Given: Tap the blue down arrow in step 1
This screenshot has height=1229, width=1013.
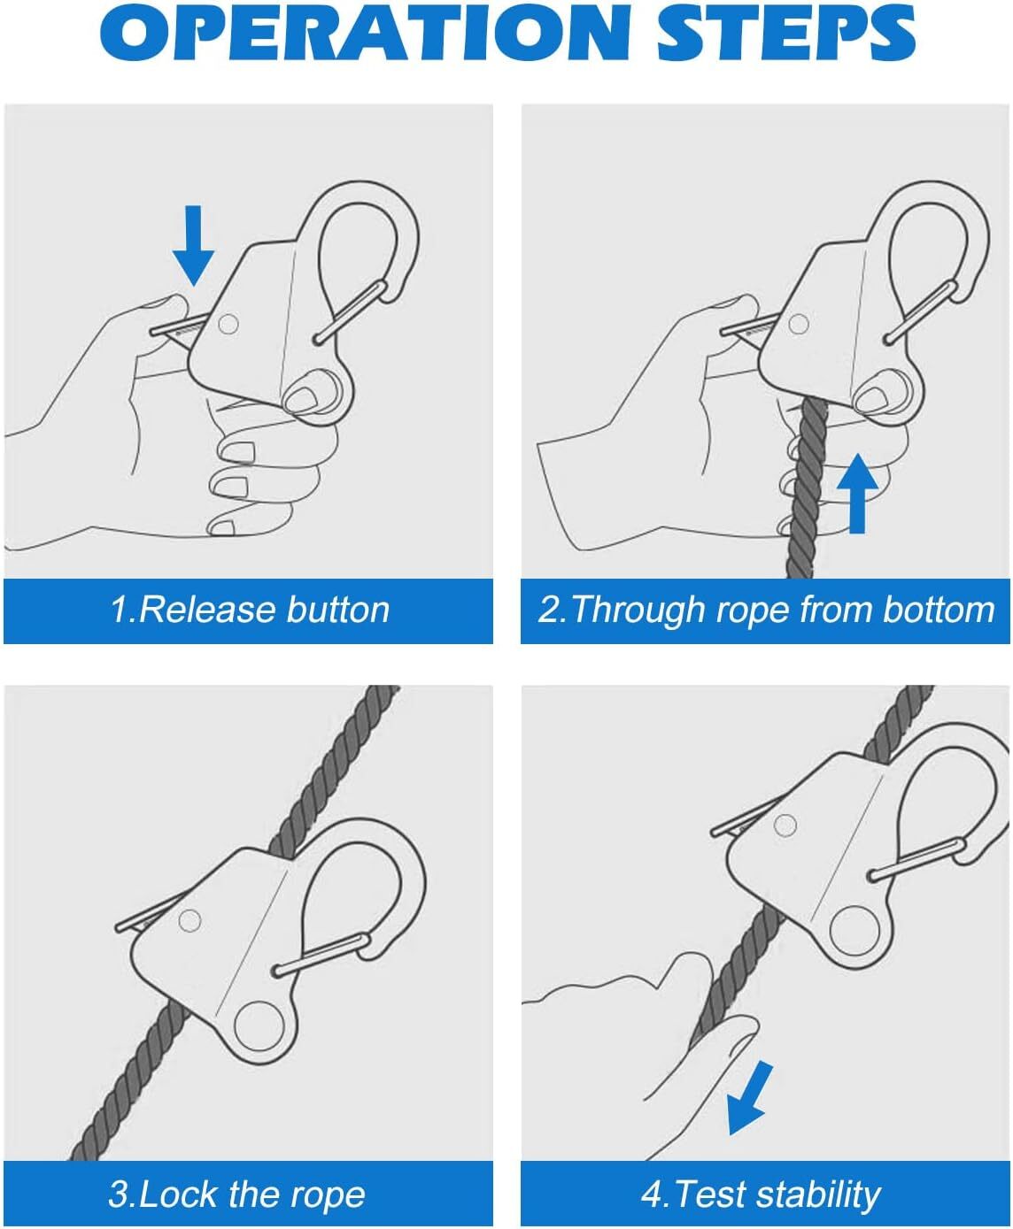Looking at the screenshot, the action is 193,245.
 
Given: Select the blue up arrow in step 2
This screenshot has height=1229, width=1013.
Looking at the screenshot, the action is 857,493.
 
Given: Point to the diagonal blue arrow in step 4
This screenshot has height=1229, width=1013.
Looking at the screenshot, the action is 749,1097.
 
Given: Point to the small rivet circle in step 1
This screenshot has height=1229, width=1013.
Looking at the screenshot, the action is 228,324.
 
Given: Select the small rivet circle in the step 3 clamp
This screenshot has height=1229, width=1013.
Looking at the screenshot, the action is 189,921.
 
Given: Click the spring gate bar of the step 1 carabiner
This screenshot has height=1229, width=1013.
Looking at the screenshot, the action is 350,311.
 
